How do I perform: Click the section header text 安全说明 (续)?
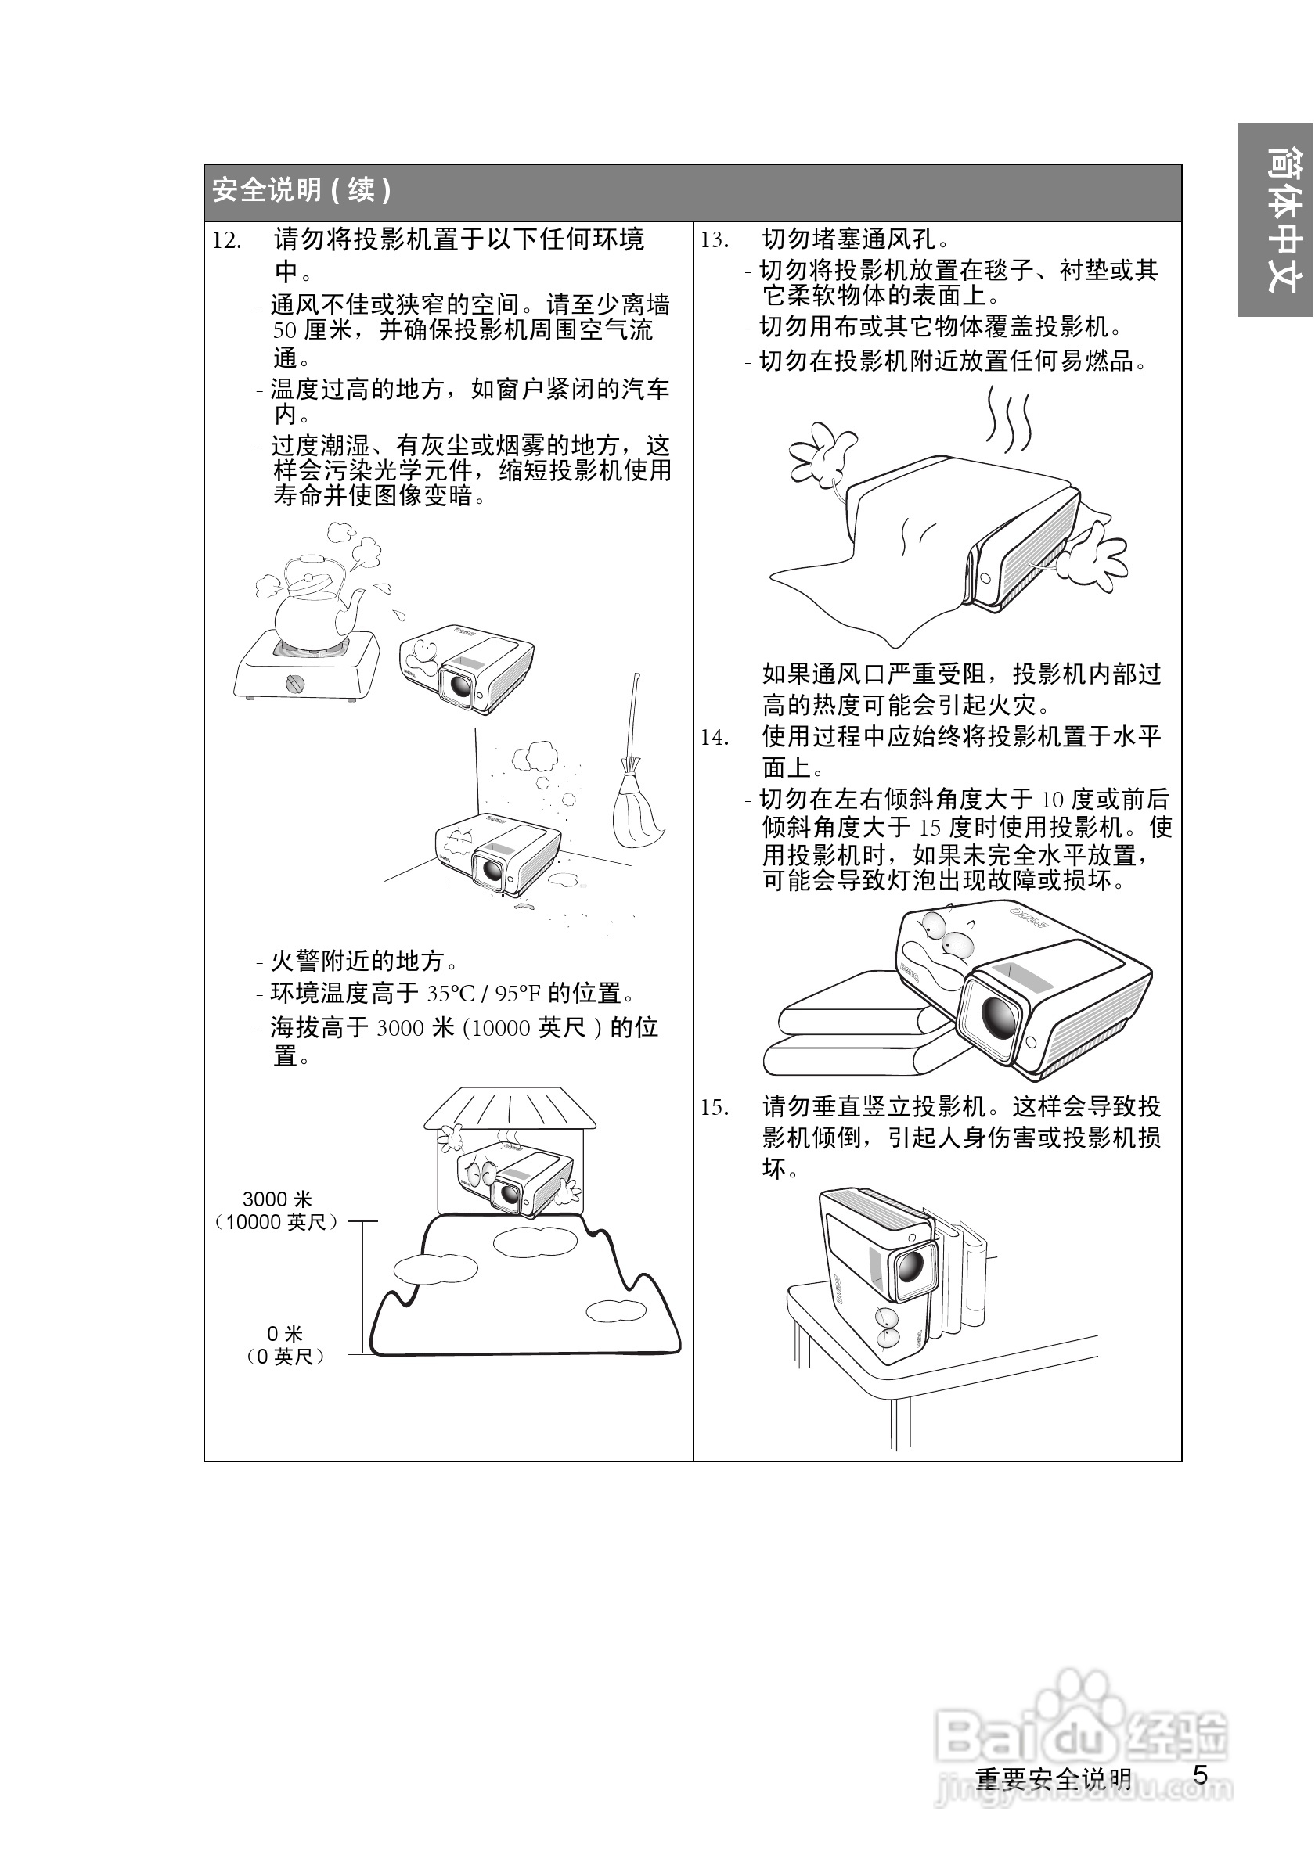click(302, 192)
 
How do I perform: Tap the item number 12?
click(226, 241)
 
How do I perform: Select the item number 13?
click(715, 241)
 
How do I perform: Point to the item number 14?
click(715, 738)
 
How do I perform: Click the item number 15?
click(715, 1108)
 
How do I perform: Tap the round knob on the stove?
click(296, 684)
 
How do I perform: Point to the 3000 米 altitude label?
click(276, 1199)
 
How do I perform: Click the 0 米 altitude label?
click(285, 1333)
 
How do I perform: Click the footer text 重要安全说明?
click(1053, 1778)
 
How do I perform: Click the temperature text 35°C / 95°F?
click(484, 994)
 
